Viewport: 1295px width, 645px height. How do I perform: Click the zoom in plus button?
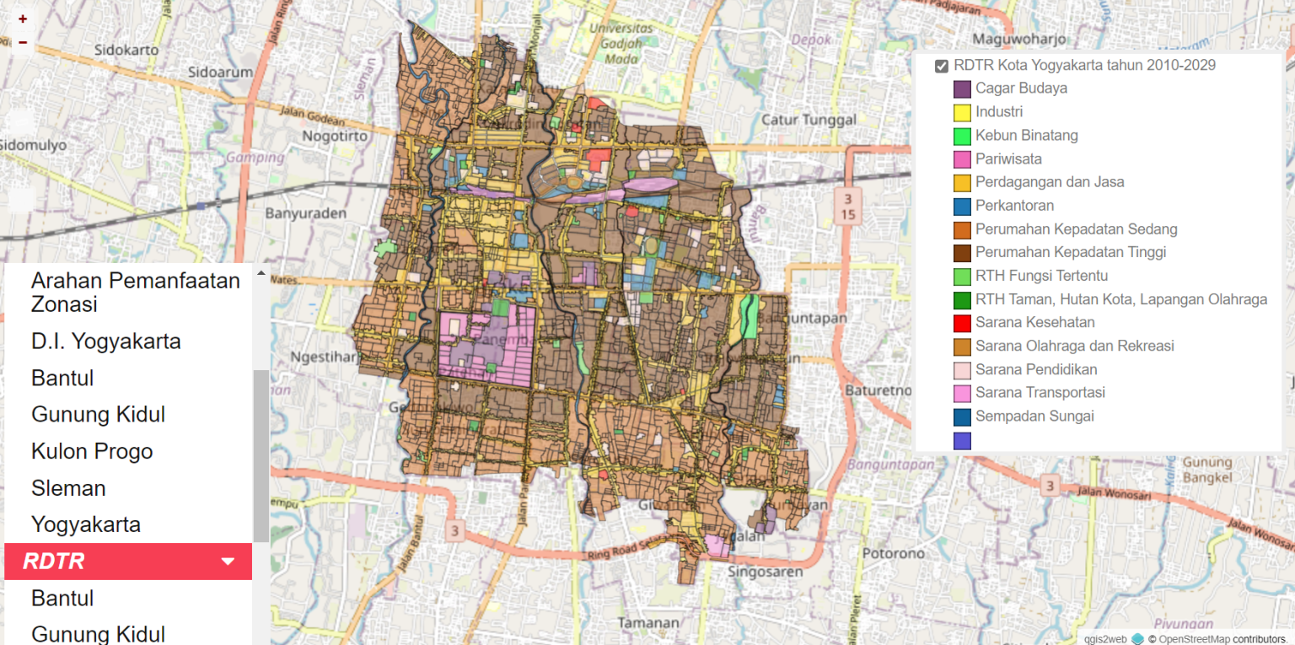[x=23, y=19]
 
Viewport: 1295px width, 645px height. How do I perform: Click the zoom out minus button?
[x=23, y=42]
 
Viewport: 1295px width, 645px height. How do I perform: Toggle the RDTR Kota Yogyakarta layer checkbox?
[x=942, y=66]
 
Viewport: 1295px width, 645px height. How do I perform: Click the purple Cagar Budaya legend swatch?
[x=962, y=89]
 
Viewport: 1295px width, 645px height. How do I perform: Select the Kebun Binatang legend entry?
[x=1026, y=135]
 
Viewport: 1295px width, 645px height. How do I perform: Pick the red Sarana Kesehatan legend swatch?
[x=962, y=323]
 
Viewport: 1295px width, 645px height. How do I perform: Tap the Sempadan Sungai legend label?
[x=1034, y=416]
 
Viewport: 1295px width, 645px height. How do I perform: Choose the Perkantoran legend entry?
[x=1014, y=205]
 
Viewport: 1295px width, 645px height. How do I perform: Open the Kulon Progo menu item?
[x=92, y=451]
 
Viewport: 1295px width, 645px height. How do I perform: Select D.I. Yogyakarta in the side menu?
[x=106, y=341]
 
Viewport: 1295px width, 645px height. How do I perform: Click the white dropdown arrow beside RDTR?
[x=228, y=562]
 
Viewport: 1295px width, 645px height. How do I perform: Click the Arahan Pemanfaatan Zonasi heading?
[x=136, y=292]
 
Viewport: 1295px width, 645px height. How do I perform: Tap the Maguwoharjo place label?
[x=1019, y=39]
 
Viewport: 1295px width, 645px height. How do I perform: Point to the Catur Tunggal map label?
[x=809, y=120]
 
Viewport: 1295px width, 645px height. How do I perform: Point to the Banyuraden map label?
[x=305, y=213]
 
